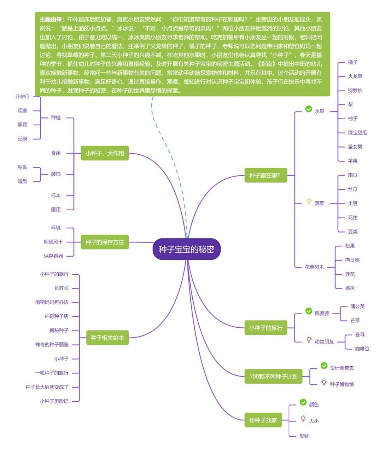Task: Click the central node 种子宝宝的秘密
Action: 186,249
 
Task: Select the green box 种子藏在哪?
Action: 265,175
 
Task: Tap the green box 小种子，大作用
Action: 105,153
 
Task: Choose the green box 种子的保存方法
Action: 105,242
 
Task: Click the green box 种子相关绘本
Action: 107,338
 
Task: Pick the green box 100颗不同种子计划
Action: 273,377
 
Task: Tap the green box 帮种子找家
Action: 263,420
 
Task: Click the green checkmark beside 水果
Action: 309,109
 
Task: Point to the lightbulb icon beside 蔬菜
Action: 309,201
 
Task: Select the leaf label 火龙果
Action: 355,76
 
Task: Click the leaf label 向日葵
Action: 352,260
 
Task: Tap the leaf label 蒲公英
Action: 357,306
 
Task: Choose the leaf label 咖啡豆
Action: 362,349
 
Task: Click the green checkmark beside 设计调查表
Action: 324,366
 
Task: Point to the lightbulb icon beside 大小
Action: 303,418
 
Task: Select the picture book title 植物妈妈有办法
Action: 52,302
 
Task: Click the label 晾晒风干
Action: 53,242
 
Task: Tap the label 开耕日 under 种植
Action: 23,96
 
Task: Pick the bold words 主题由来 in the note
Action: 50,19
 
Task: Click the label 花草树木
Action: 314,267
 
